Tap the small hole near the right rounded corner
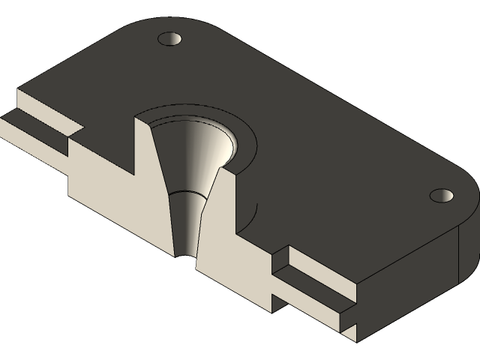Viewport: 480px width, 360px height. tap(442, 195)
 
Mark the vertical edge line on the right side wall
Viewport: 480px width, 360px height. tap(457, 255)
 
